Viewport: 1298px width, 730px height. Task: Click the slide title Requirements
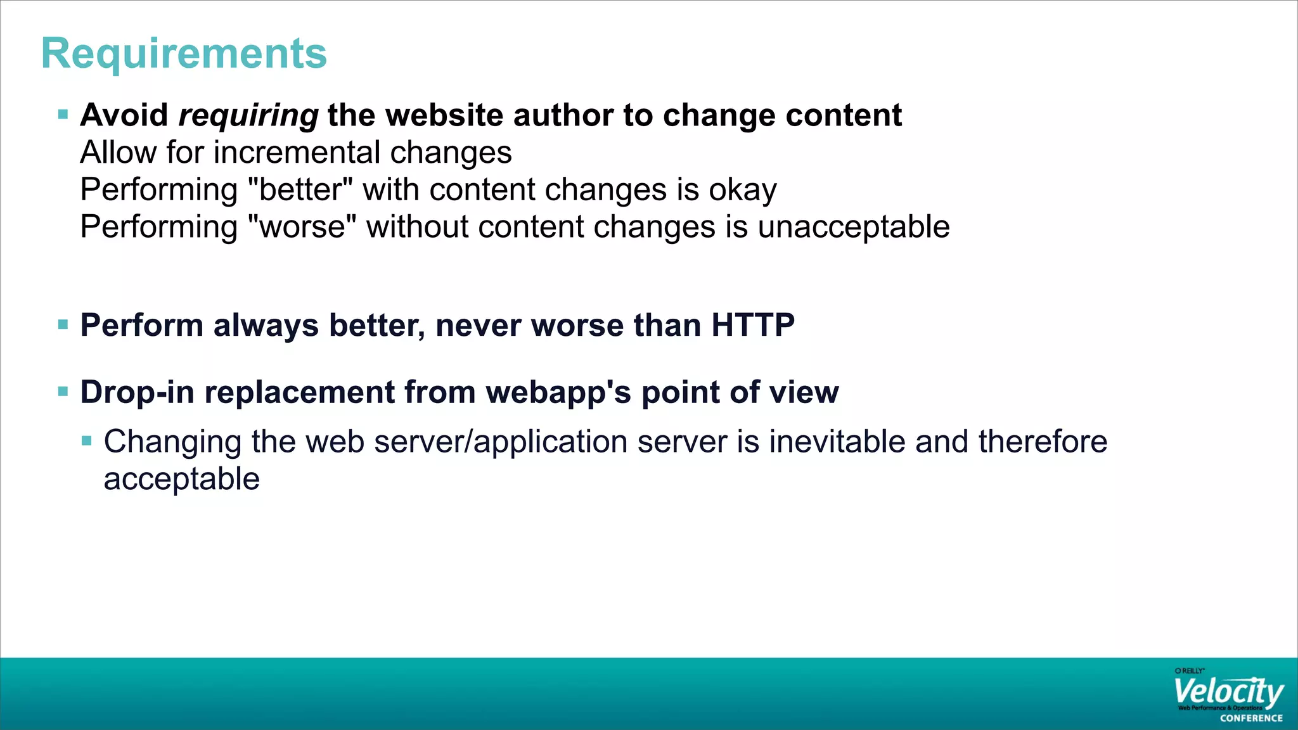(x=184, y=54)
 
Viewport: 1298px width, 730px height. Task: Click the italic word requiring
(x=248, y=116)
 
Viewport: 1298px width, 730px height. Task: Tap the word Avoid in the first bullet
(x=124, y=116)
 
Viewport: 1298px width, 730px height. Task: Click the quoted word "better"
(x=300, y=190)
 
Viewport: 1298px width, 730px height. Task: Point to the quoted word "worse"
(x=302, y=227)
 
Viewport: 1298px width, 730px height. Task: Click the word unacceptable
(x=853, y=227)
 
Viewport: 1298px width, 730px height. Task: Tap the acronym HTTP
(x=753, y=326)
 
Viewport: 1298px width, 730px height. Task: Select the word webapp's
(x=559, y=392)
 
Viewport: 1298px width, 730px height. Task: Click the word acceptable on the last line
(x=181, y=479)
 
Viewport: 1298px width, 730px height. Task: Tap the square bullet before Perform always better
(x=63, y=325)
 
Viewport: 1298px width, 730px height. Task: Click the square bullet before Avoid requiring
(x=63, y=115)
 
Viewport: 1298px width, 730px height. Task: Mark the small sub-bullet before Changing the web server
(x=87, y=440)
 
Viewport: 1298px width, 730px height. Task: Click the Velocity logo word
(x=1228, y=692)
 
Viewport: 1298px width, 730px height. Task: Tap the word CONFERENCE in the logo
(x=1251, y=718)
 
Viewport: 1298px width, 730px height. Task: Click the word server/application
(x=550, y=442)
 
